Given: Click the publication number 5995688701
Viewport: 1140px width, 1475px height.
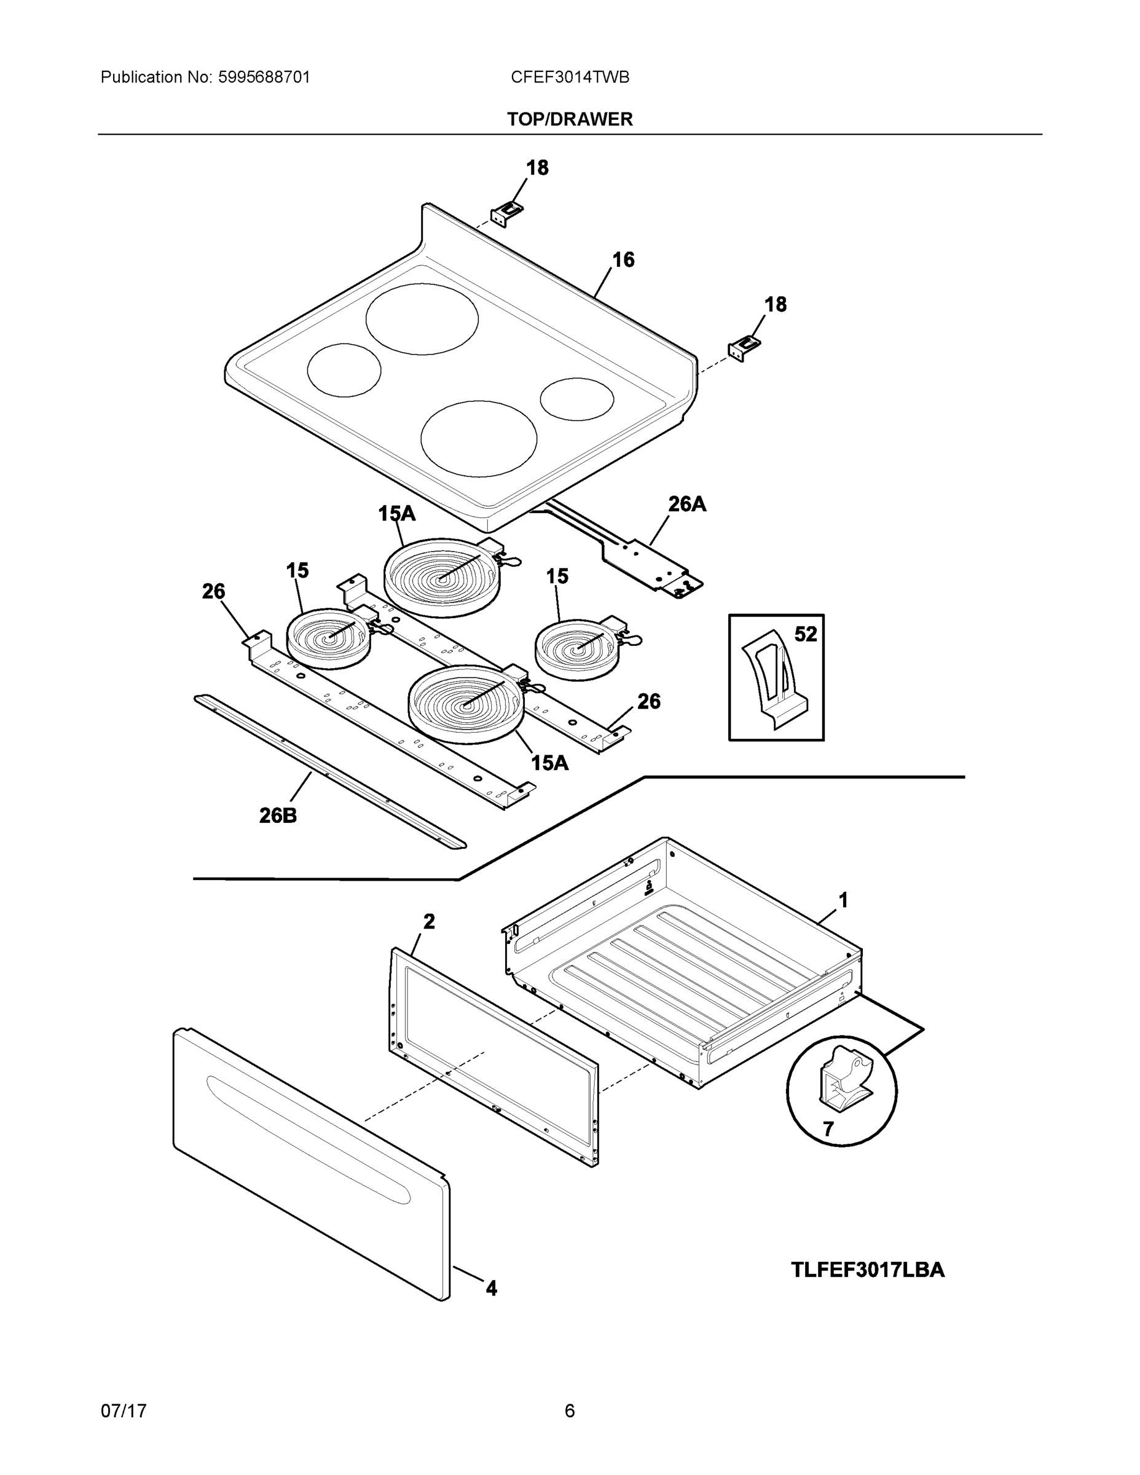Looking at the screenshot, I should (x=264, y=77).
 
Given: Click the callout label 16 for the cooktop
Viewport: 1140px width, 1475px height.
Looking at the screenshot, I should (x=623, y=260).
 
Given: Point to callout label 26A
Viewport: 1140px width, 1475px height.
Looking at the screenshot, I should (x=687, y=505).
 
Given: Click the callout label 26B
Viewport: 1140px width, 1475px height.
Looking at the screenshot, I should (x=278, y=816).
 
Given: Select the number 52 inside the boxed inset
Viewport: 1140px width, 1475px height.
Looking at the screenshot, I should (x=805, y=634).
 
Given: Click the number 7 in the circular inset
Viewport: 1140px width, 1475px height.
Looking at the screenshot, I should (x=828, y=1128).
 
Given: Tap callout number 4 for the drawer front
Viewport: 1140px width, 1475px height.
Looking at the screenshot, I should (x=491, y=1289).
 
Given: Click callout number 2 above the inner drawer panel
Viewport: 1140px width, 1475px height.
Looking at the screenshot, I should (x=429, y=921).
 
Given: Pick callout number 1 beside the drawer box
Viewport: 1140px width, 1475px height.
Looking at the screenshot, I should (x=843, y=900).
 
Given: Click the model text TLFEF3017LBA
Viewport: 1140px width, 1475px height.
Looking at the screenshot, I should (x=867, y=1270).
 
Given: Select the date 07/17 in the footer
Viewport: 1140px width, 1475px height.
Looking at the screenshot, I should (x=124, y=1411).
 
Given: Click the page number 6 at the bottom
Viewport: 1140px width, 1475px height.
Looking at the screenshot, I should (x=569, y=1411).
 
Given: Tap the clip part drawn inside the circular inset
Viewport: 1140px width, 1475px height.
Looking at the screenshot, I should (x=843, y=1079).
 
